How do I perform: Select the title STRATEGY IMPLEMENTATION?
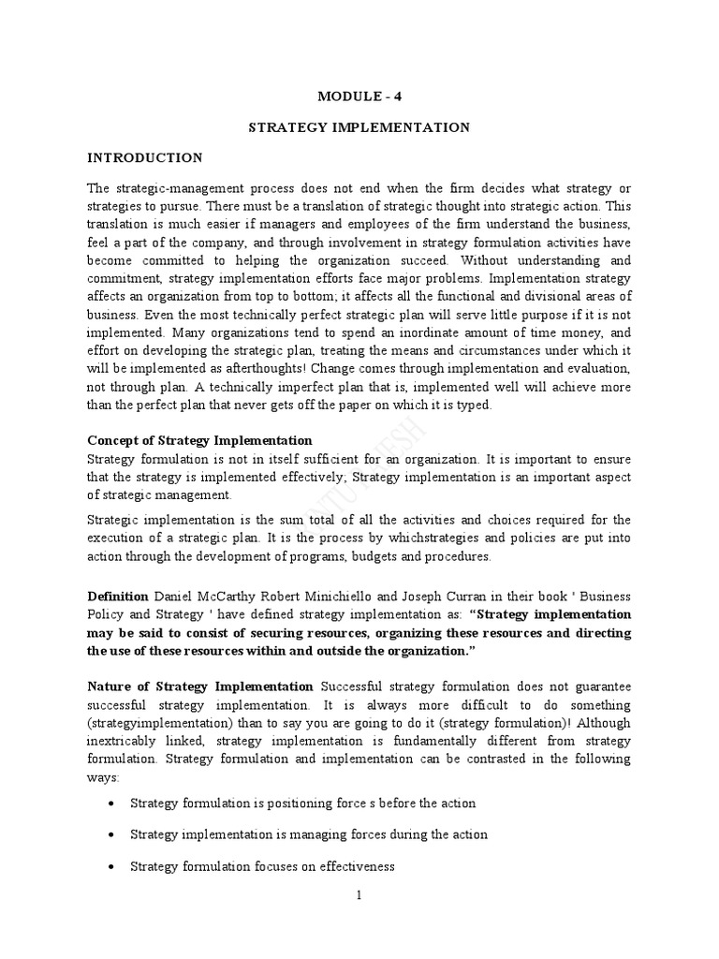359,126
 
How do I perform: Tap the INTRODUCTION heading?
144,157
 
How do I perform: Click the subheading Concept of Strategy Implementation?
199,440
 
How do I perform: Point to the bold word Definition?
118,596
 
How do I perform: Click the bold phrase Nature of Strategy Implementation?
199,686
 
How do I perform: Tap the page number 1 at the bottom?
359,895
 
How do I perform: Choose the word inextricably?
122,741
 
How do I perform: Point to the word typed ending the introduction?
460,405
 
